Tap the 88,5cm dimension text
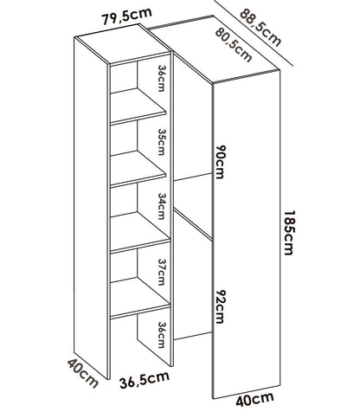click(260, 28)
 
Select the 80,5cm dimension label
click(234, 44)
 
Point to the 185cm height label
click(288, 233)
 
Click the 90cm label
click(219, 162)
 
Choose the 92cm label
click(219, 306)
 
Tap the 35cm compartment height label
click(161, 142)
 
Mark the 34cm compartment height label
click(161, 206)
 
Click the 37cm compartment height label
click(161, 272)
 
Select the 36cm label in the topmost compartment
click(161, 78)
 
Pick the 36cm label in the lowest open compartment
click(161, 335)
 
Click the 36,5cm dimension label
click(145, 380)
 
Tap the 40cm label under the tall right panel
click(254, 400)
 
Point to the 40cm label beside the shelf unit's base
click(83, 373)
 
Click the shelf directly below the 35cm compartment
click(138, 169)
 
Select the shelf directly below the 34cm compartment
click(139, 232)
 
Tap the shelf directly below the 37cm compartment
click(139, 298)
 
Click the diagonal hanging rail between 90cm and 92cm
click(193, 224)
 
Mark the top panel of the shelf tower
click(122, 44)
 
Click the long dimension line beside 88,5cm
click(254, 33)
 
